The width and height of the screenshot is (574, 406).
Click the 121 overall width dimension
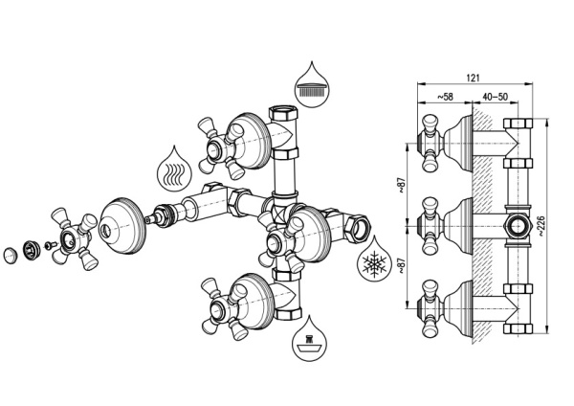473,78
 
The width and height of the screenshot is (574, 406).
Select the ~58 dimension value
445,97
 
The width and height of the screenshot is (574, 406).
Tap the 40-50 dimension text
495,97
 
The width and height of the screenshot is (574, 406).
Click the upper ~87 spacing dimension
402,186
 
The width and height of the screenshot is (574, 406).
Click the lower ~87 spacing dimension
402,265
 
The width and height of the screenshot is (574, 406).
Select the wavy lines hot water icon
174,169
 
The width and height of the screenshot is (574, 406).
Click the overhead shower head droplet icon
312,84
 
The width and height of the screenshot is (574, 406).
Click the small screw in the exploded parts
50,245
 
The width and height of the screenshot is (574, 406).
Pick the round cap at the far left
11,255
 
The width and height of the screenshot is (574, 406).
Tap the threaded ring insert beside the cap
30,250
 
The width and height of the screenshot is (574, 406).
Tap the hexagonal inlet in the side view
517,226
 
